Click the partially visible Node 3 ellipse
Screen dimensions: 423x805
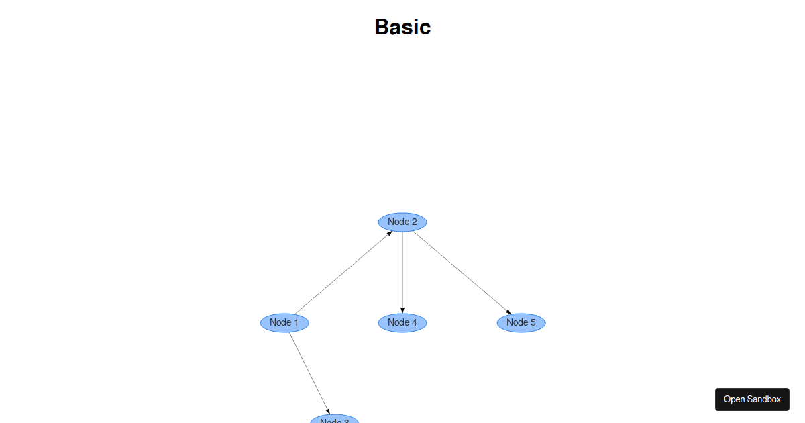(334, 420)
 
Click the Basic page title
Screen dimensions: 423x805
(402, 27)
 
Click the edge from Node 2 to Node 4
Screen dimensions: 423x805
(402, 272)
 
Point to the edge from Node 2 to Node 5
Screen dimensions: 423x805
(462, 272)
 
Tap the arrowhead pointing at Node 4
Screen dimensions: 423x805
(402, 310)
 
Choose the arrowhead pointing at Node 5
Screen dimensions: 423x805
(508, 312)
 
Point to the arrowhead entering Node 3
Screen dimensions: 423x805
(327, 411)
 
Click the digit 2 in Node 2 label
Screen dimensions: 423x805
(414, 222)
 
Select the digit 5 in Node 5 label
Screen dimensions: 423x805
(533, 322)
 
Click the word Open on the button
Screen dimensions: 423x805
(734, 399)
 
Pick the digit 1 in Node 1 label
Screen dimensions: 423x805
(296, 322)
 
